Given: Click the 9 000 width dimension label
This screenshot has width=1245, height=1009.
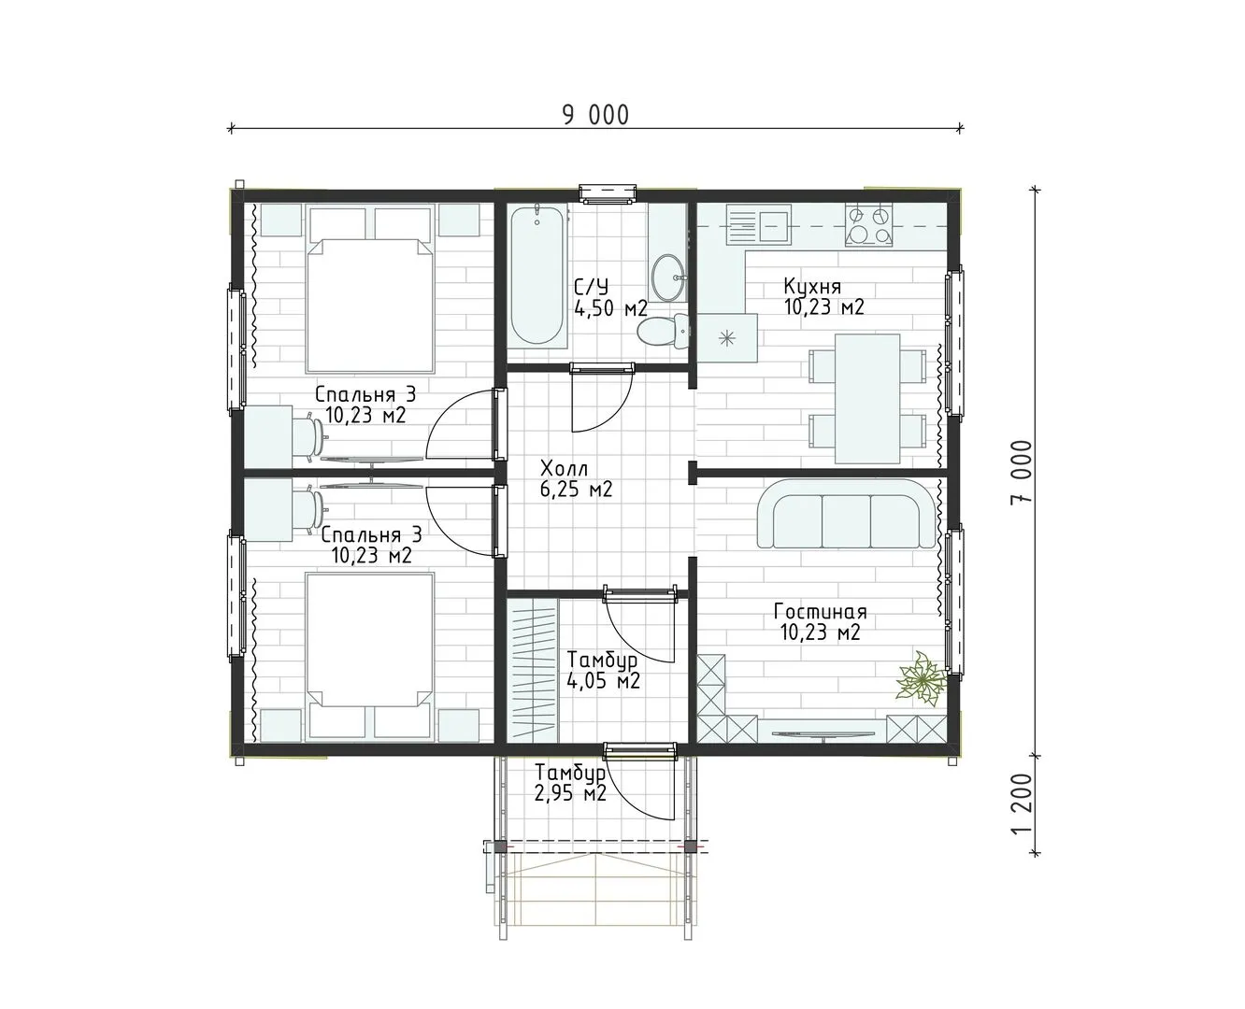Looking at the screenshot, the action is (595, 115).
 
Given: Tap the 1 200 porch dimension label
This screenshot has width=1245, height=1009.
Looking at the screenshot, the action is (1022, 805).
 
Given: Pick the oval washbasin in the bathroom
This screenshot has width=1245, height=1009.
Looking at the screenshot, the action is (668, 278).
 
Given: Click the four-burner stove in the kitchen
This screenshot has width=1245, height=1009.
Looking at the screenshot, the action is (868, 225).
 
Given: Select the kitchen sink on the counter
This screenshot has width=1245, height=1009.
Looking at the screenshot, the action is (759, 225).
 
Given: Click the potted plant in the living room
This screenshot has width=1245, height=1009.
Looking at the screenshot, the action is (921, 678).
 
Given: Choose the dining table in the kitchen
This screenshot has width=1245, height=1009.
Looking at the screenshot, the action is (866, 398).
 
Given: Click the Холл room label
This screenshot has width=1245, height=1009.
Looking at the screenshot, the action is (564, 469).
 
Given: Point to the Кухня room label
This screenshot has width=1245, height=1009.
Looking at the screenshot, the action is (812, 286).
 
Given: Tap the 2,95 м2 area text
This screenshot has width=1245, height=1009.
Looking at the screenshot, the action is (570, 793).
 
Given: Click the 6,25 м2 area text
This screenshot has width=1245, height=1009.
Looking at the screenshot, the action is (577, 489).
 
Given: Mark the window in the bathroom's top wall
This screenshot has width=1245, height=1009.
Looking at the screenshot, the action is (608, 194).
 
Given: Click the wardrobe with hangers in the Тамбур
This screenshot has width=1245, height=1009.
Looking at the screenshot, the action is (533, 670).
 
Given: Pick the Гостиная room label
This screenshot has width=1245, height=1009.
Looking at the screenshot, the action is (820, 612).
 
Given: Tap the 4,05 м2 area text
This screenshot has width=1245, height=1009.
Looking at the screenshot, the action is (603, 680).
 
